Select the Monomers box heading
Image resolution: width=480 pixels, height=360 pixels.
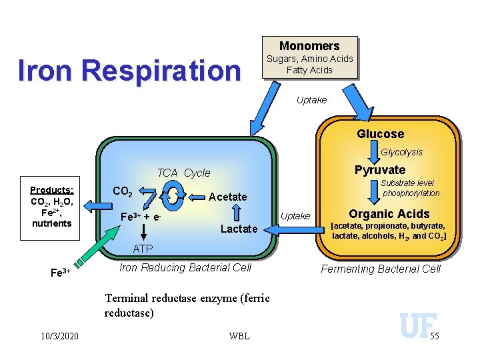point(309,46)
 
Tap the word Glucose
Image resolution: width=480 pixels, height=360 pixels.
point(381,134)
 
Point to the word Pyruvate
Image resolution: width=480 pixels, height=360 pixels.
point(380,170)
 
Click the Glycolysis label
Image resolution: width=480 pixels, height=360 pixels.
point(401,152)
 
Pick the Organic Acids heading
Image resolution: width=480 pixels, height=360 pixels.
point(389,214)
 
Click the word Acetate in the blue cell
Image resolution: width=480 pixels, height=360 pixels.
point(228,197)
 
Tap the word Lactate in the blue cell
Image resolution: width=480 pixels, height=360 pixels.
point(239,229)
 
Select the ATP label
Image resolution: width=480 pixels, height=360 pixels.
point(143,249)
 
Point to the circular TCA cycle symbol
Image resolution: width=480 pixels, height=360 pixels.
point(173,195)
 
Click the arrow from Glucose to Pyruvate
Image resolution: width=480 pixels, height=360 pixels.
point(374,152)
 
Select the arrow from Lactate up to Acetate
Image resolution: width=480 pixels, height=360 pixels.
point(236,213)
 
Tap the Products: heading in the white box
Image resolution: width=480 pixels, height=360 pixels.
point(52,190)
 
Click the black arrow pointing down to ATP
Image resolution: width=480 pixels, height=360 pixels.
point(143,232)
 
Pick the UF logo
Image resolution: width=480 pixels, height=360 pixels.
point(419,325)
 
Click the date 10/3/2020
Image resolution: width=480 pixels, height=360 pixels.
point(60,336)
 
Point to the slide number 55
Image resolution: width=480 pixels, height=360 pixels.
point(435,336)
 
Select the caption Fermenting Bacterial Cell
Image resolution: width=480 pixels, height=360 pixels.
point(381,269)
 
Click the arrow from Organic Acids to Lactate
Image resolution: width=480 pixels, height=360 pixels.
point(294,230)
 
